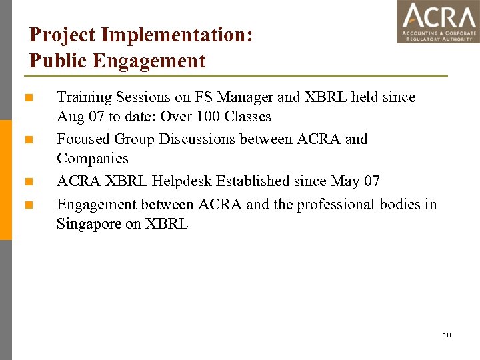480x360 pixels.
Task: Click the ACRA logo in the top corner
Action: tap(438, 22)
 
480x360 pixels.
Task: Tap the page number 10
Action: tap(447, 334)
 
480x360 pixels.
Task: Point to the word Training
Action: tap(84, 97)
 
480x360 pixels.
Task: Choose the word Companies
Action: tap(93, 159)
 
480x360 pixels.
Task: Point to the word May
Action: tap(345, 181)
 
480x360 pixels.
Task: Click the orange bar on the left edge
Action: tap(5, 180)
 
